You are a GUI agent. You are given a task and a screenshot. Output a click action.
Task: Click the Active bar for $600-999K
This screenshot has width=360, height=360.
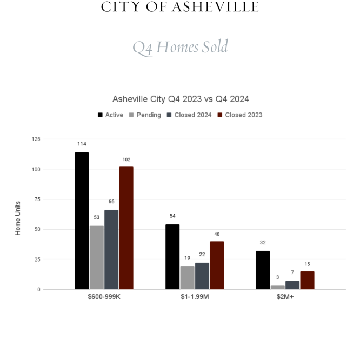tap(82, 221)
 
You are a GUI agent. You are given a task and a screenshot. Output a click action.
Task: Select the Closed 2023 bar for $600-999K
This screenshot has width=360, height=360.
tap(126, 228)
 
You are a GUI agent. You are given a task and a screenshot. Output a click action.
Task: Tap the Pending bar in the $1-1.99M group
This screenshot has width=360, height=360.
tap(187, 278)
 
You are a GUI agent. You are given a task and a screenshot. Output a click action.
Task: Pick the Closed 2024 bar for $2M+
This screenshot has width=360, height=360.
tap(292, 285)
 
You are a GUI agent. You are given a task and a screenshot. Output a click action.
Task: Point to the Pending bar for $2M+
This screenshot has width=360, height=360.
tap(278, 287)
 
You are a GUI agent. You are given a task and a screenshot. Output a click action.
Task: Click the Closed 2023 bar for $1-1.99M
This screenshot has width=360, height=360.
tap(217, 265)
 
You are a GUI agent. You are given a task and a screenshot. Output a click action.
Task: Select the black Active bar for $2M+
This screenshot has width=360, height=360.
tap(263, 270)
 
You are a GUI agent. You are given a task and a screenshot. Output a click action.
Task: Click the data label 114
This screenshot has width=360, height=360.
tap(82, 144)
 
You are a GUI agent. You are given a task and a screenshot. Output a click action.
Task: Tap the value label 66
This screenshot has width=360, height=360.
tap(111, 202)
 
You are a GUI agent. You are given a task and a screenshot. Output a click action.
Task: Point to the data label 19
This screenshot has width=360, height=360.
tap(188, 258)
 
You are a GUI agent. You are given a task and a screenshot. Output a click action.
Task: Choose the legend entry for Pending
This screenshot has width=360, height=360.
tap(145, 115)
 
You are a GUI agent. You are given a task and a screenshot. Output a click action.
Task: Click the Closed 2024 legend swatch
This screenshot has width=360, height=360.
tap(169, 115)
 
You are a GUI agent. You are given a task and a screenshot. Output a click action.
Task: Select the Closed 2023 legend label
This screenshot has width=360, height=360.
tap(244, 115)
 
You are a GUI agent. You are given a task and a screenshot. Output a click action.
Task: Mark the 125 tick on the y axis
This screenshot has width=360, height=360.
tap(36, 139)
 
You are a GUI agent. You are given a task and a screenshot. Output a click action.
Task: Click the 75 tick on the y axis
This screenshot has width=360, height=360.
tap(37, 199)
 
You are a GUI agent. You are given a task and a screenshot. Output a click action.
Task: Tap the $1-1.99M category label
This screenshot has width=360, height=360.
tap(195, 297)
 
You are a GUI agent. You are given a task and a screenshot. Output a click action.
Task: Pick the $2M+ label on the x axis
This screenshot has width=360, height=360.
tap(285, 297)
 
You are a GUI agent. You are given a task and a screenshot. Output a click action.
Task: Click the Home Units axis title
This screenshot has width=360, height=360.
tap(18, 218)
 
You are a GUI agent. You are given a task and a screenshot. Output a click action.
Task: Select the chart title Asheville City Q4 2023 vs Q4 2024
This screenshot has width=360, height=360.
tap(181, 99)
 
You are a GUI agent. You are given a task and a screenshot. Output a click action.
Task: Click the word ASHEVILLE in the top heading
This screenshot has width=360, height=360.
tap(216, 7)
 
